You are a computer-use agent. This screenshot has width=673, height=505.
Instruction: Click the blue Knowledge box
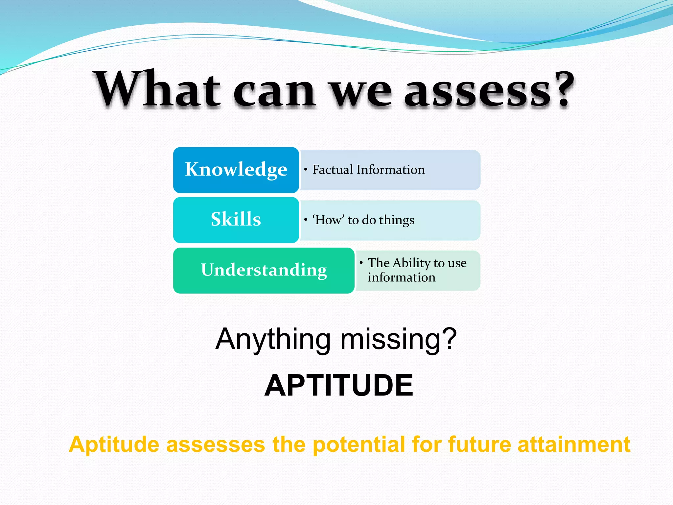click(236, 170)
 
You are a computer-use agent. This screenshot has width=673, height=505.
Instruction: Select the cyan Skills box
click(236, 220)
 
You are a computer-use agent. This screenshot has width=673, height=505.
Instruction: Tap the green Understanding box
click(264, 270)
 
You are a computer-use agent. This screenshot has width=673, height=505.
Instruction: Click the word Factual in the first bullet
click(333, 170)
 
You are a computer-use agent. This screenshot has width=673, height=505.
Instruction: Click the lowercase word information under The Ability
click(401, 277)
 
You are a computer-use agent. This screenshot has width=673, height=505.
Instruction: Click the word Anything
click(273, 339)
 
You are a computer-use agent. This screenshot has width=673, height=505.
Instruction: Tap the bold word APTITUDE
click(338, 385)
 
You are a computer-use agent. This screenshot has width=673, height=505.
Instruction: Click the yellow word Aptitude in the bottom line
click(114, 445)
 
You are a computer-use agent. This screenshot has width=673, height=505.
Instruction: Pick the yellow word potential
click(359, 445)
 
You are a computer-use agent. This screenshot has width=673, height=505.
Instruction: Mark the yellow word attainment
click(574, 445)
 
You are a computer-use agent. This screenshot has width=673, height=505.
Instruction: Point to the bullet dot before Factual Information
click(306, 170)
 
